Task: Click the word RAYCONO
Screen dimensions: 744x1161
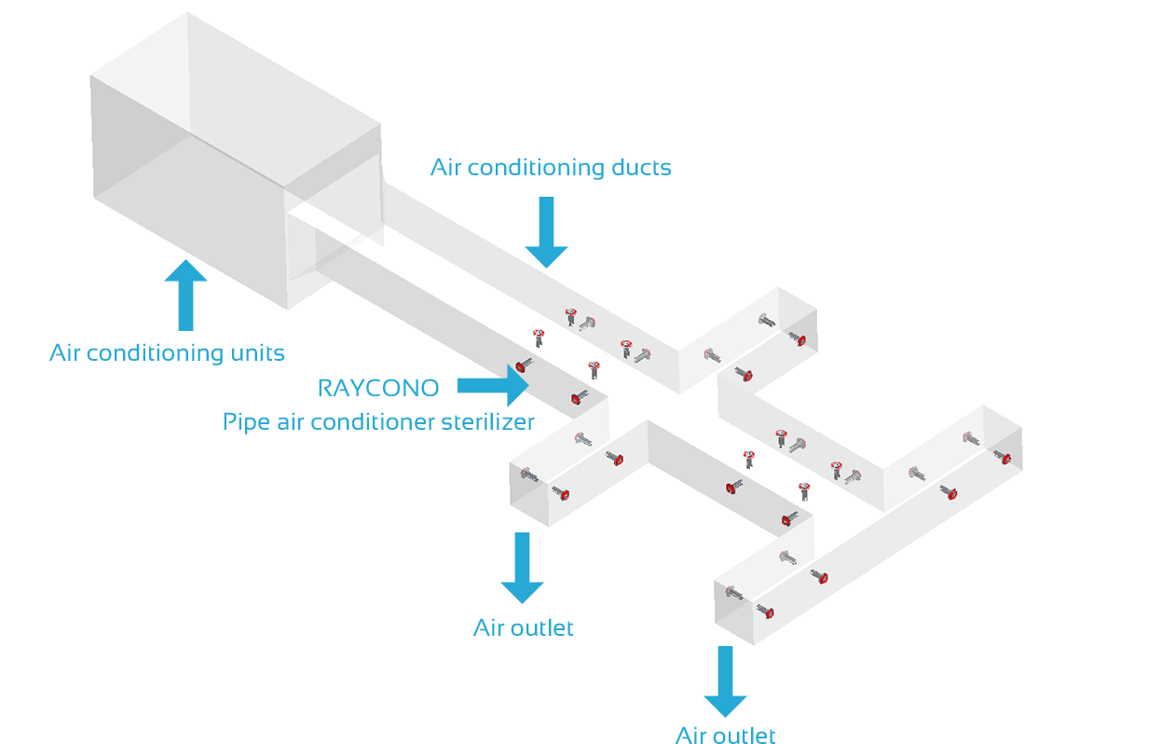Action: [378, 387]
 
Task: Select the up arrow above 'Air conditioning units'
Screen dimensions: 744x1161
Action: [186, 296]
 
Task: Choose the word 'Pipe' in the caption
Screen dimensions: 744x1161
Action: [245, 422]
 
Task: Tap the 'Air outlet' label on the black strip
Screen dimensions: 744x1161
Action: [725, 735]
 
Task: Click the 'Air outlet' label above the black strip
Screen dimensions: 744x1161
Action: [524, 627]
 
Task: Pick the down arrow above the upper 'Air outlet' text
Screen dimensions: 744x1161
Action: [522, 568]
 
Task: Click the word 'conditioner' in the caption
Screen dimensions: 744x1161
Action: [383, 421]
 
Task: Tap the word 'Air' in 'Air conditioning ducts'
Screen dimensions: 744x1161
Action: [445, 168]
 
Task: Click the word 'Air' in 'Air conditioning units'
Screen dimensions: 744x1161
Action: [64, 353]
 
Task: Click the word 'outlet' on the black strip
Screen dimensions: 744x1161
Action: [744, 735]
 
